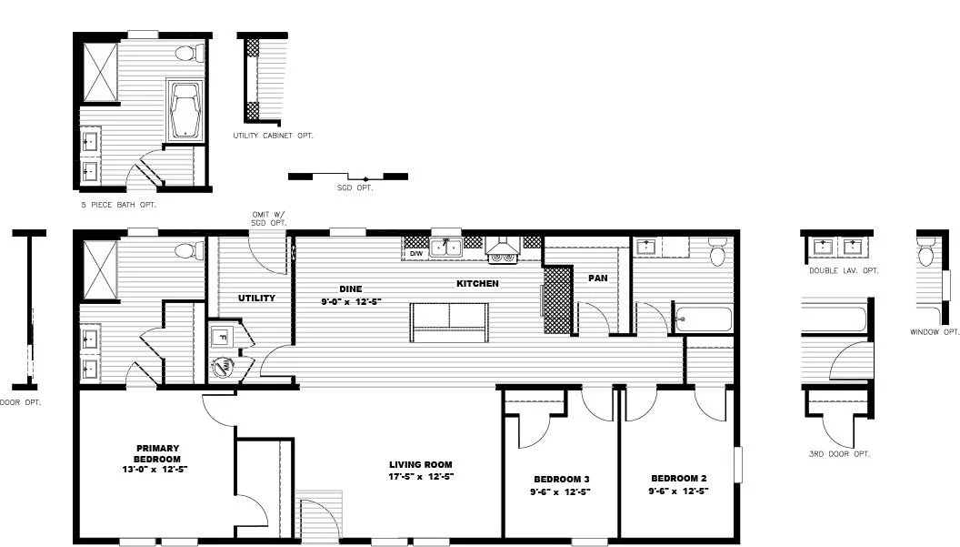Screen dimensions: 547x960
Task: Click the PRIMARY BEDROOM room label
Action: pyautogui.click(x=157, y=453)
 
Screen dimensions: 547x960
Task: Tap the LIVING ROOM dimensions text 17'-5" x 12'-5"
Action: pyautogui.click(x=421, y=476)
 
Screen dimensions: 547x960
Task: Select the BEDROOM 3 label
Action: pyautogui.click(x=561, y=479)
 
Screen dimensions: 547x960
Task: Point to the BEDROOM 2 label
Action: pyautogui.click(x=678, y=478)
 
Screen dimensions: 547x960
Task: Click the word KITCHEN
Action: pyautogui.click(x=477, y=284)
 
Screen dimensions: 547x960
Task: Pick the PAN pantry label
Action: pyautogui.click(x=597, y=278)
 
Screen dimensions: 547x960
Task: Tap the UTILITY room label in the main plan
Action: pyautogui.click(x=256, y=298)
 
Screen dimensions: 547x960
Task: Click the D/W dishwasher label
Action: pyautogui.click(x=415, y=254)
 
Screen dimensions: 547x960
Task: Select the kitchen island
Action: pyautogui.click(x=449, y=321)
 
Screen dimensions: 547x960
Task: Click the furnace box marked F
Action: pyautogui.click(x=221, y=336)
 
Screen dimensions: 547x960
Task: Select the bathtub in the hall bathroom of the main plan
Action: pyautogui.click(x=704, y=319)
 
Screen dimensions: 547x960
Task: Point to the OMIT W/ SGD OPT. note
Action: pyautogui.click(x=268, y=218)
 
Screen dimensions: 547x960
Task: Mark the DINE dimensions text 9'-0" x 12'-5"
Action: pyautogui.click(x=350, y=301)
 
